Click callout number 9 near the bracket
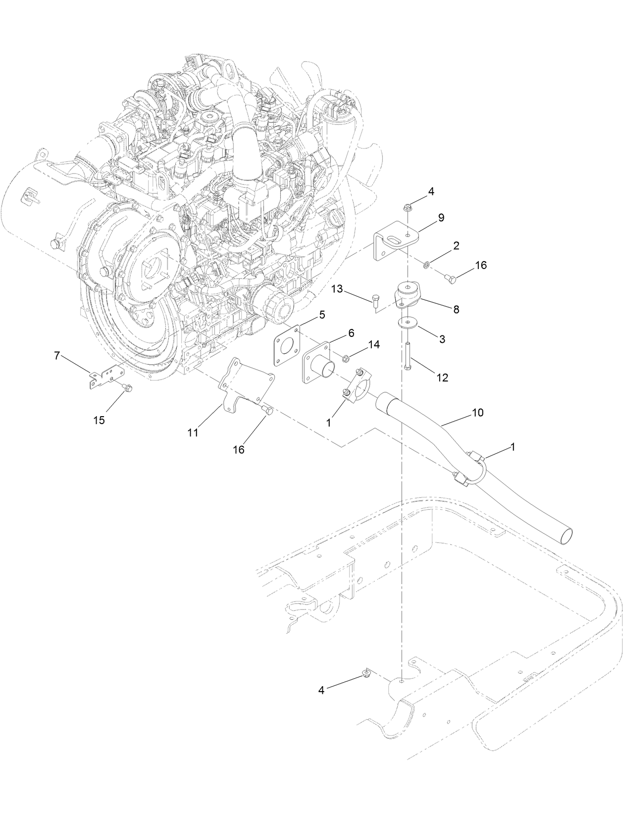click(x=441, y=217)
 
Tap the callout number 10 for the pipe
click(x=478, y=412)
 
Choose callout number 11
click(x=193, y=432)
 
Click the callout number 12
click(x=442, y=378)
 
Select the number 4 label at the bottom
click(x=321, y=690)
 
